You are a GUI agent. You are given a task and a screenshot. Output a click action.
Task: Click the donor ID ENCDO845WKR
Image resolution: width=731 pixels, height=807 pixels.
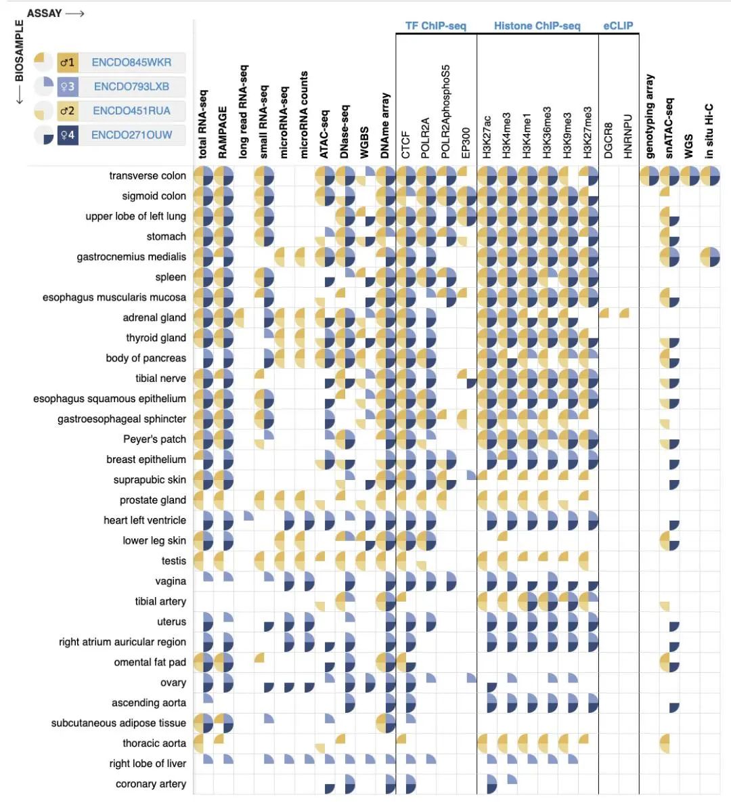(x=131, y=62)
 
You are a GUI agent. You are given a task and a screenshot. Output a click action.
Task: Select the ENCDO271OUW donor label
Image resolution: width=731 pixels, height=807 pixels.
(x=131, y=135)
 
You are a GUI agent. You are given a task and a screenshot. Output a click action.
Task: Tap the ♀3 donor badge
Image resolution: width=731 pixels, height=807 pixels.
(x=67, y=87)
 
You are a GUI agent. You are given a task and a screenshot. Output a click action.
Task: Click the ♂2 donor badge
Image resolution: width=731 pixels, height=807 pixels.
(x=67, y=110)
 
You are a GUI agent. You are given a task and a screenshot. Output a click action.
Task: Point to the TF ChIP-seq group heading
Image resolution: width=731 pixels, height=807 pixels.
(x=435, y=26)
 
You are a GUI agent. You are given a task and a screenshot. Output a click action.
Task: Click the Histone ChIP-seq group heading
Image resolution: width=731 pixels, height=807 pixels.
(x=537, y=26)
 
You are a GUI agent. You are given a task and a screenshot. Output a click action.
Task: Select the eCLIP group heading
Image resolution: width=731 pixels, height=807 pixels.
(x=618, y=26)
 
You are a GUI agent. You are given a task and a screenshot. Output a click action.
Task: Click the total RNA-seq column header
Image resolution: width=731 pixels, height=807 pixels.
(x=203, y=125)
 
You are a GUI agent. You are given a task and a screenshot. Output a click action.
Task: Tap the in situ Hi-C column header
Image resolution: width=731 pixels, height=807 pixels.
(x=709, y=131)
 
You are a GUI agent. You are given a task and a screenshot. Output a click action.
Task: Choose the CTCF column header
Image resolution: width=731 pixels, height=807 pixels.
(x=406, y=145)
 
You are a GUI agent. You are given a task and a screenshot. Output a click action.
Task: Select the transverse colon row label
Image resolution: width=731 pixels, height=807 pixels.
(x=148, y=175)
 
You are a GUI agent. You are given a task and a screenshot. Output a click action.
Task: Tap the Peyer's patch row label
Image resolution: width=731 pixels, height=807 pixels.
(x=154, y=439)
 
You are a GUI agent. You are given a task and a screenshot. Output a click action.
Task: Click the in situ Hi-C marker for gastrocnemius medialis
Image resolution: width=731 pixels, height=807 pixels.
(x=710, y=257)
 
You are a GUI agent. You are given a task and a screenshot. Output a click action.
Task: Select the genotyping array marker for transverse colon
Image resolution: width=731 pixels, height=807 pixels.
(x=649, y=176)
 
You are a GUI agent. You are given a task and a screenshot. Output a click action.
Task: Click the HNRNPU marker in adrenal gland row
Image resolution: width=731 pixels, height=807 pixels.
(x=625, y=313)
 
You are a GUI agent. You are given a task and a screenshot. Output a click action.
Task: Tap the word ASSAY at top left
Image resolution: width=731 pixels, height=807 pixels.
(x=44, y=13)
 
